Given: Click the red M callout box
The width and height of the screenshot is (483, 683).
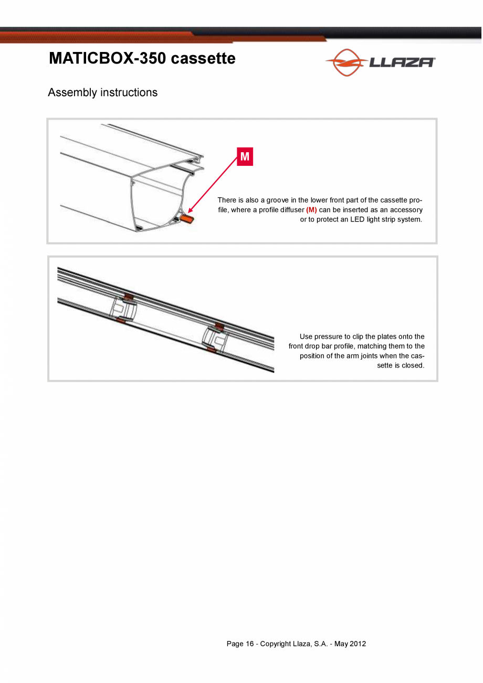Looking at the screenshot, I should (245, 156).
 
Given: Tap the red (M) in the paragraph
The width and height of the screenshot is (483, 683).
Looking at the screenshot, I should (311, 210).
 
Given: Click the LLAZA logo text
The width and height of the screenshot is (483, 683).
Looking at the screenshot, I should (402, 62).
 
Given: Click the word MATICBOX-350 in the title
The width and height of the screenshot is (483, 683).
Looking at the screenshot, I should (107, 58).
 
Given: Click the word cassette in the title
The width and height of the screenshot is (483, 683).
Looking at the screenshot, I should (203, 58).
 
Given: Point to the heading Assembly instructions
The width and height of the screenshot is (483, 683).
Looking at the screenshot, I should (102, 92).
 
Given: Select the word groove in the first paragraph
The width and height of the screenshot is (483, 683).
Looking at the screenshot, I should (277, 200).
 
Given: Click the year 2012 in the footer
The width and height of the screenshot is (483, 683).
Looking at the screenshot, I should (358, 644).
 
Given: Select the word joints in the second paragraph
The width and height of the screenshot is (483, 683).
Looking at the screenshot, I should (370, 356).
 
